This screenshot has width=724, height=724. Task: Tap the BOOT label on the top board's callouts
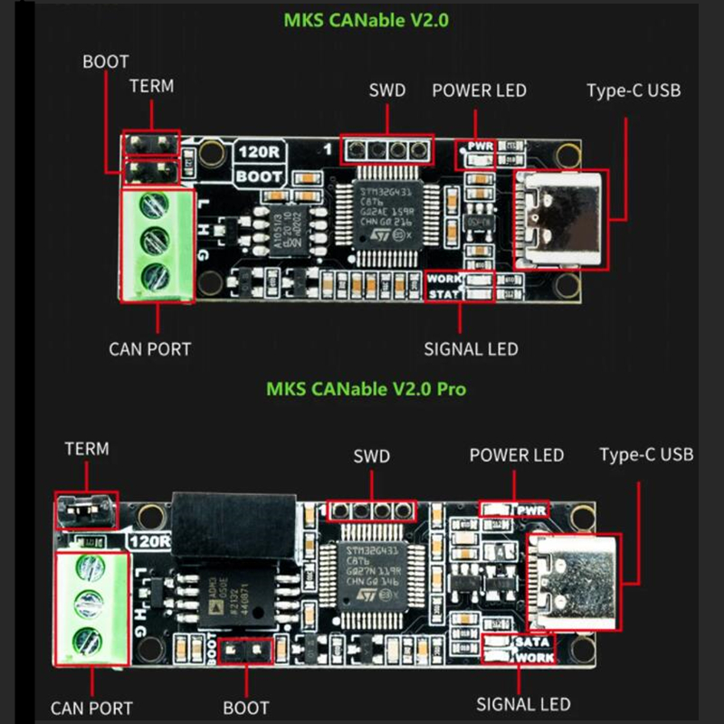tap(106, 62)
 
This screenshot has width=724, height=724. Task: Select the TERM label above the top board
tap(151, 87)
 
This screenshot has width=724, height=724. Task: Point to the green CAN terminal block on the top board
tap(157, 245)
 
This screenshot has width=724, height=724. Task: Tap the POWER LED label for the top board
tap(479, 90)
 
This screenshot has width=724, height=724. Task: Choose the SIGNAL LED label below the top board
tap(471, 349)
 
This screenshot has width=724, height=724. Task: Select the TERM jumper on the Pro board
tap(86, 511)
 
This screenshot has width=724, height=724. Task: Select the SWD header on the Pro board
tap(371, 511)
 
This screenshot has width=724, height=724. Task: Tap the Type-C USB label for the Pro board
tap(646, 453)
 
